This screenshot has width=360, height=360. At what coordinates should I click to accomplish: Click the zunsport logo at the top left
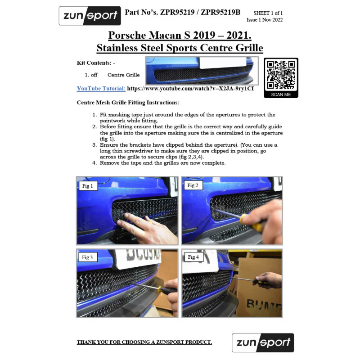pyautogui.click(x=90, y=16)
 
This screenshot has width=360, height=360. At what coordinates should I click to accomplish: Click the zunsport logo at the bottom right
pyautogui.click(x=263, y=342)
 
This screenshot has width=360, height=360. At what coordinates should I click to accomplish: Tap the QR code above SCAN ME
pyautogui.click(x=281, y=75)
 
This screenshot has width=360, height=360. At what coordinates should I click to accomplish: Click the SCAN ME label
pyautogui.click(x=281, y=94)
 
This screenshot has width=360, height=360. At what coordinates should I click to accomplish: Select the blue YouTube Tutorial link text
pyautogui.click(x=101, y=89)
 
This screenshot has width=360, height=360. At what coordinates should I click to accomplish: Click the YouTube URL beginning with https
pyautogui.click(x=190, y=89)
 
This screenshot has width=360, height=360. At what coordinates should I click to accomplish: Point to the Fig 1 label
pyautogui.click(x=87, y=186)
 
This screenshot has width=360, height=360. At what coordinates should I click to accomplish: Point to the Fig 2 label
pyautogui.click(x=193, y=185)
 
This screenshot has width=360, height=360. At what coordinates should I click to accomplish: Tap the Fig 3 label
pyautogui.click(x=87, y=257)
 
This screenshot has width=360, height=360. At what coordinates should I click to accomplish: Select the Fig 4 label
pyautogui.click(x=193, y=257)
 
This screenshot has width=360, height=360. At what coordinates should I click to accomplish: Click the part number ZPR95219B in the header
pyautogui.click(x=220, y=12)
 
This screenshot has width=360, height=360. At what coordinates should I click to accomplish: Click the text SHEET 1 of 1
pyautogui.click(x=268, y=13)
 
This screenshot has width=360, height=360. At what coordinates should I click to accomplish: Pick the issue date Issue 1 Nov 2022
pyautogui.click(x=265, y=20)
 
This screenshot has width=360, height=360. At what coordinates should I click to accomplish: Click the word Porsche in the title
pyautogui.click(x=127, y=35)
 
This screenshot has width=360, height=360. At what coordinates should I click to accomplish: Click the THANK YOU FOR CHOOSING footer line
pyautogui.click(x=144, y=342)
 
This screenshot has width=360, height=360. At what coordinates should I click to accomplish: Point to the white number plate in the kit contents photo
pyautogui.click(x=222, y=63)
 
